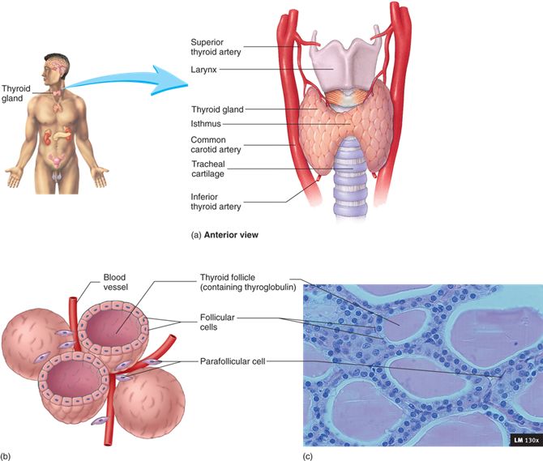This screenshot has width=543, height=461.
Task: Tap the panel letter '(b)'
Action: pos(6,455)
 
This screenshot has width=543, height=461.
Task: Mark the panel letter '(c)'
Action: pos(306,455)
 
